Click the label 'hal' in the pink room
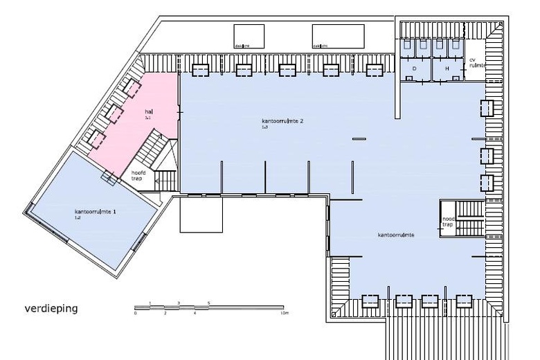point(148,111)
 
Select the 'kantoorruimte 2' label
point(282,121)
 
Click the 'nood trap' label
point(449,221)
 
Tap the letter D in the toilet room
point(414,69)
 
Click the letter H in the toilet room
point(447,69)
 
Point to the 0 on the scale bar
point(136,313)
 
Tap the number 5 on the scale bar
point(208,303)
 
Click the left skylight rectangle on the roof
point(249,34)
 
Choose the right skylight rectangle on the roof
point(337,34)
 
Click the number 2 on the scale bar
point(165,313)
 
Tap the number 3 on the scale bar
point(179,303)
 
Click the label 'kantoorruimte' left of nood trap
point(396,235)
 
